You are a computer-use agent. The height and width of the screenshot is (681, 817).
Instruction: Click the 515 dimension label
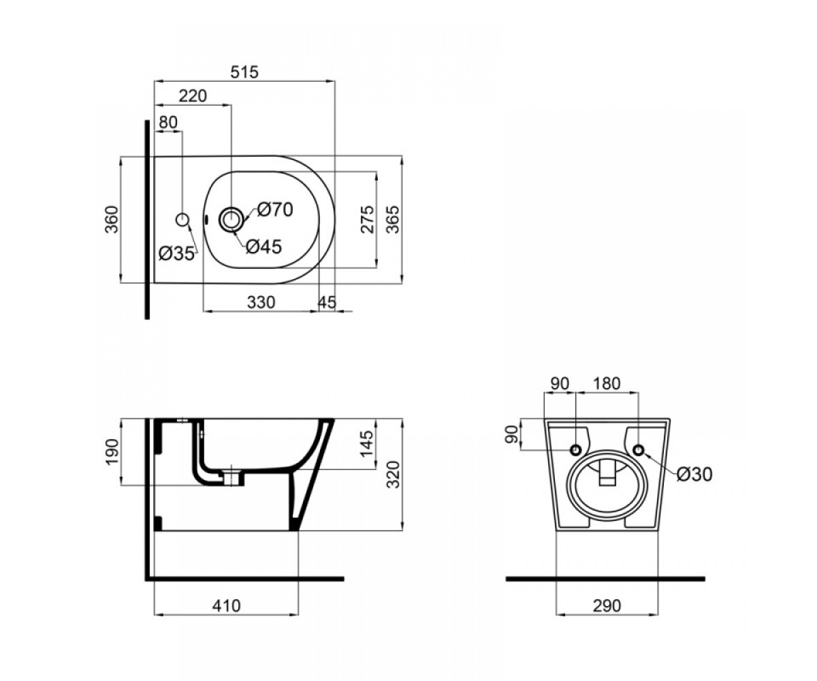click(244, 72)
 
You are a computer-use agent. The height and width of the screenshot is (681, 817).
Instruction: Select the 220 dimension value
click(193, 96)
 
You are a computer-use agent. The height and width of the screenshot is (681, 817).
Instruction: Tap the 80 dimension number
click(168, 122)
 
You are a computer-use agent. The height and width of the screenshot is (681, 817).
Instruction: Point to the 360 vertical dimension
click(112, 219)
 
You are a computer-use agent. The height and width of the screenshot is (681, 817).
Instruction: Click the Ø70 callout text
click(275, 210)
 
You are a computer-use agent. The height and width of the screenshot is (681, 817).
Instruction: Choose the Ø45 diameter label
click(263, 247)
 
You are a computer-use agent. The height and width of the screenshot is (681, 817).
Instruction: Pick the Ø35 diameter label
click(176, 254)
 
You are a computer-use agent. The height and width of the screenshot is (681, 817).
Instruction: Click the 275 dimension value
click(368, 219)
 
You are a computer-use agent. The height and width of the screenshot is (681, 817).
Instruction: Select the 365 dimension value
click(393, 219)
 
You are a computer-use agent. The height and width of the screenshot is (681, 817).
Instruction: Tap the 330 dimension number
click(261, 302)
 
